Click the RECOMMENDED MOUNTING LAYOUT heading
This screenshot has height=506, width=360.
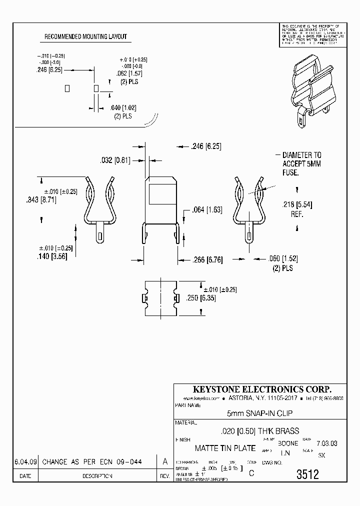pyautogui.click(x=85, y=37)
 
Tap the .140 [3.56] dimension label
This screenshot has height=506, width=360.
pyautogui.click(x=52, y=256)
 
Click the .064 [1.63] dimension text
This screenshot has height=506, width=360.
pyautogui.click(x=207, y=210)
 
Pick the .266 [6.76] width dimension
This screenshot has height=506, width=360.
pyautogui.click(x=207, y=259)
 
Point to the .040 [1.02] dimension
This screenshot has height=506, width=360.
pyautogui.click(x=123, y=108)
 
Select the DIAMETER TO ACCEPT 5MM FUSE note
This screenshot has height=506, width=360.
pyautogui.click(x=301, y=163)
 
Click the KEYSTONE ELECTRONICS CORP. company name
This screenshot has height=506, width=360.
pyautogui.click(x=260, y=389)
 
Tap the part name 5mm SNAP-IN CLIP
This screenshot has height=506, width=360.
pyautogui.click(x=260, y=413)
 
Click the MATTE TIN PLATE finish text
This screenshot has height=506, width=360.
pyautogui.click(x=225, y=448)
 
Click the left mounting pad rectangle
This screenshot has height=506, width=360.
pyautogui.click(x=67, y=88)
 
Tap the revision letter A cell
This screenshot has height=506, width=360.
pyautogui.click(x=164, y=462)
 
